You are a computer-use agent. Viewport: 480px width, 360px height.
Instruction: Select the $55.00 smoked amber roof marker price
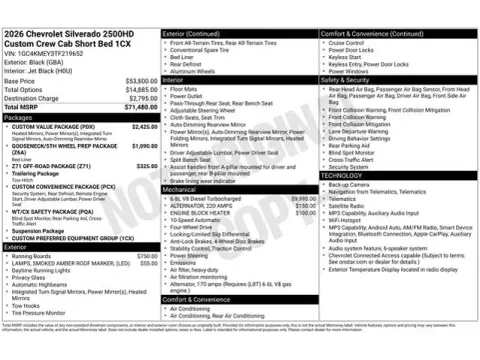pyautogui.click(x=148, y=263)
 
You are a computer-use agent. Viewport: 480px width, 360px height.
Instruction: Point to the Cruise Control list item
pyautogui.click(x=349, y=43)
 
